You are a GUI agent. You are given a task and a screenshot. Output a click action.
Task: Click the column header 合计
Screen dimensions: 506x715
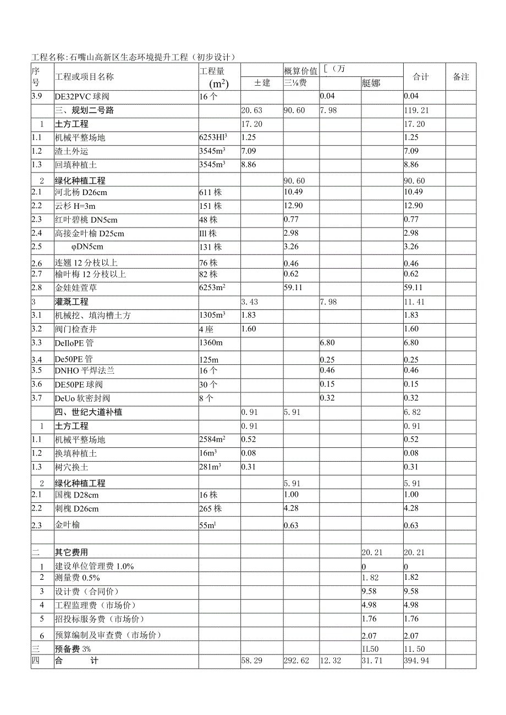pyautogui.click(x=421, y=77)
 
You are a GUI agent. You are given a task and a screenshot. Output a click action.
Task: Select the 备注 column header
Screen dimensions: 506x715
pyautogui.click(x=461, y=77)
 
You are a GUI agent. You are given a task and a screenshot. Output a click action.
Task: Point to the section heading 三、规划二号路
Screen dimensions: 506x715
pyautogui.click(x=85, y=110)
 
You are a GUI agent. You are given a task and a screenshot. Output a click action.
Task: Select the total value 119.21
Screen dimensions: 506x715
pyautogui.click(x=416, y=110)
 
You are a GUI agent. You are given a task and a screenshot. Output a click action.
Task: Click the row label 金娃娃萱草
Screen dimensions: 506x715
pyautogui.click(x=76, y=287)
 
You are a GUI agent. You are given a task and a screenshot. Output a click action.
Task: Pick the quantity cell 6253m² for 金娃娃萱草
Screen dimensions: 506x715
pyautogui.click(x=213, y=287)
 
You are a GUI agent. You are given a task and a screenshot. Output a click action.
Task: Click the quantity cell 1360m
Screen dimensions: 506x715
pyautogui.click(x=210, y=343)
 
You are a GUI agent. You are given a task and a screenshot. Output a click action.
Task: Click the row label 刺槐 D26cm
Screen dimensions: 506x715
pyautogui.click(x=76, y=508)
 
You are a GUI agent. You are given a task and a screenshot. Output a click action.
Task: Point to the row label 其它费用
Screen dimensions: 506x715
pyautogui.click(x=71, y=552)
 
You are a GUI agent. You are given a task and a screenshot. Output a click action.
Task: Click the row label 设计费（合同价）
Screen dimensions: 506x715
pyautogui.click(x=87, y=591)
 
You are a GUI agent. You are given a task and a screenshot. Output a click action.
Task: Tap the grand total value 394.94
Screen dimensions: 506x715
pyautogui.click(x=416, y=661)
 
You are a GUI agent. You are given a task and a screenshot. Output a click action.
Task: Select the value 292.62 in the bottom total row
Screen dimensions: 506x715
pyautogui.click(x=296, y=661)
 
